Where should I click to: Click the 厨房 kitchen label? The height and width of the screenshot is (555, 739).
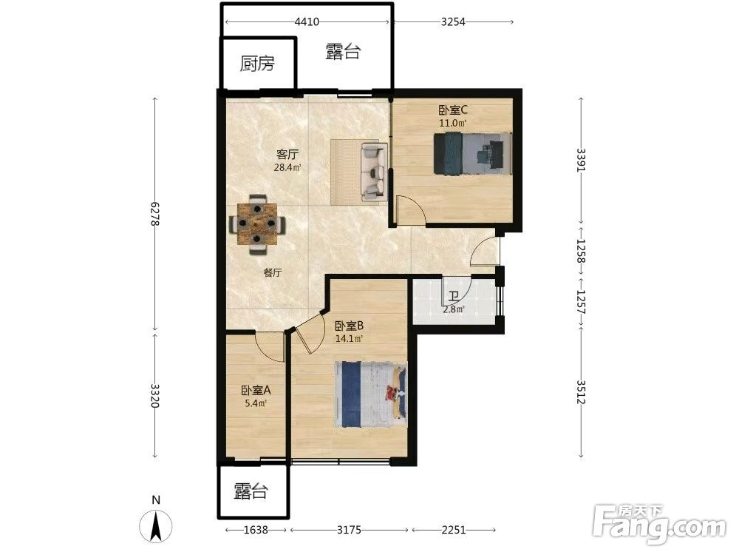(257, 64)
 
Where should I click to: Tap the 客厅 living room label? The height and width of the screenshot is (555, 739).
(287, 155)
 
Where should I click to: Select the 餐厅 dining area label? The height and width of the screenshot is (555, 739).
(273, 272)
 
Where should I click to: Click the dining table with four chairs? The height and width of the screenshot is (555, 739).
(257, 224)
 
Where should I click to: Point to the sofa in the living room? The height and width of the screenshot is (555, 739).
(374, 170)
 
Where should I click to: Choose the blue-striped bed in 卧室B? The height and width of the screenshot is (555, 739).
(370, 394)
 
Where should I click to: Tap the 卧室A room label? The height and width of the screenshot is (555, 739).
(256, 391)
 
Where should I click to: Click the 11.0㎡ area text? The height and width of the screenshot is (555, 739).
(453, 124)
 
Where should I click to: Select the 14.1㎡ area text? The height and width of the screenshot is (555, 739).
(350, 338)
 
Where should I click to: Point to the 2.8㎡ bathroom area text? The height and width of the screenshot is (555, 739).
(454, 309)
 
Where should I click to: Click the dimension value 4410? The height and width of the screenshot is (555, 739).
(307, 21)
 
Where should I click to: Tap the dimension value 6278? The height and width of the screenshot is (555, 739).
(155, 214)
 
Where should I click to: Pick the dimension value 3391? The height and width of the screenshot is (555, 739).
(581, 161)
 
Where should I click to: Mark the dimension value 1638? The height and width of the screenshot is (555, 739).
(256, 530)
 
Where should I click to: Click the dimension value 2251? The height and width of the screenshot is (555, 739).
(454, 530)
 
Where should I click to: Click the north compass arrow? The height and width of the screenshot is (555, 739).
(155, 526)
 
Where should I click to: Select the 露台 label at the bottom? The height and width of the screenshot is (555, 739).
(251, 492)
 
